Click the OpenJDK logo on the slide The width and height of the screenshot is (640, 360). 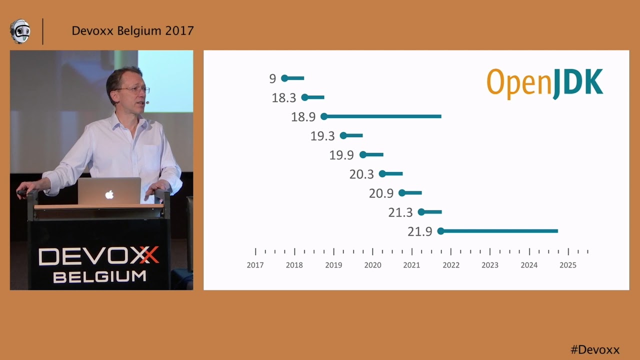(x=544, y=83)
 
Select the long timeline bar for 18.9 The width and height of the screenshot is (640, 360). (x=382, y=116)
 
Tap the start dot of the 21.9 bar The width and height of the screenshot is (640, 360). (x=440, y=231)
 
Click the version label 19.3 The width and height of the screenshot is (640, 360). (x=322, y=136)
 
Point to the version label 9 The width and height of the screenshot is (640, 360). (x=272, y=78)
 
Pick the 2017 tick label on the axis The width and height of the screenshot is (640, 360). (x=255, y=265)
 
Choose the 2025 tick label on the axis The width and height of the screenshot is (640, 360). (x=568, y=265)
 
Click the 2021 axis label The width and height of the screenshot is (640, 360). (x=411, y=265)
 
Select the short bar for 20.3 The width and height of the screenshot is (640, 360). (x=392, y=174)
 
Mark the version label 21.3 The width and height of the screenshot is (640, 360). (x=400, y=212)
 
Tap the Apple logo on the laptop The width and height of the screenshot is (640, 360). (x=109, y=194)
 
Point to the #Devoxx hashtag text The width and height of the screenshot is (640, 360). (x=595, y=349)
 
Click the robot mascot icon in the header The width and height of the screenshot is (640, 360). (x=20, y=31)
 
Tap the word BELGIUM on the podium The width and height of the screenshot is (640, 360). (x=99, y=276)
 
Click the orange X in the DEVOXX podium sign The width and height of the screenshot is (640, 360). (x=148, y=255)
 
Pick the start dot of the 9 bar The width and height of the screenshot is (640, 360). (x=284, y=78)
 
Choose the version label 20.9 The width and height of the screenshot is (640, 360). (x=381, y=193)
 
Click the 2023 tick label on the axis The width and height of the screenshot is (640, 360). (x=490, y=265)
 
